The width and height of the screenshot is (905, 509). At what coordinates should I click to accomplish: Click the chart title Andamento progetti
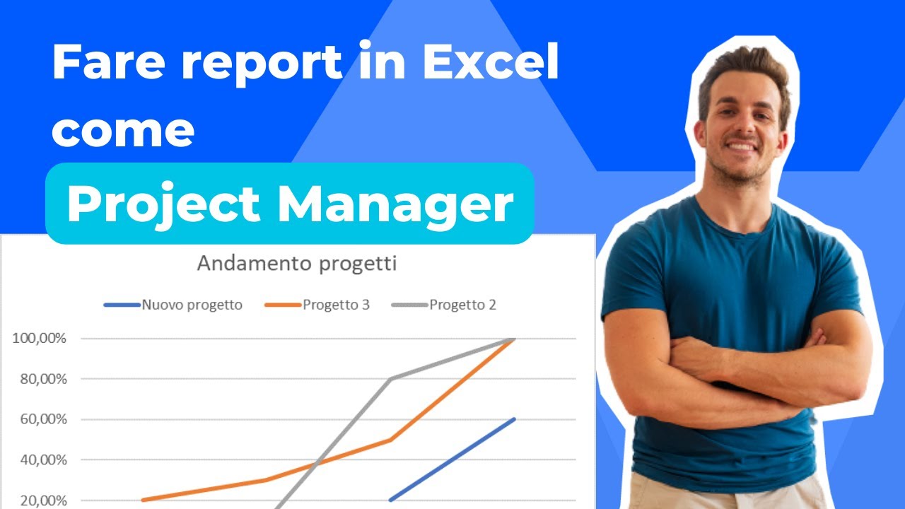point(296,264)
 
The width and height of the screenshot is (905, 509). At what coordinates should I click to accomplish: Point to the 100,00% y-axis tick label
point(39,339)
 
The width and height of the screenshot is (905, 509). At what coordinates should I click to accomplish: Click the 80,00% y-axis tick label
point(42,379)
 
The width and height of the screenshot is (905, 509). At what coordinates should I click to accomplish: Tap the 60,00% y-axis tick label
point(42,419)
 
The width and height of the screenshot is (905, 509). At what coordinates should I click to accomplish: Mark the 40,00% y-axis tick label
point(42,460)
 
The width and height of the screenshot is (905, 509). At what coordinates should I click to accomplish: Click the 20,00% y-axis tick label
point(42,500)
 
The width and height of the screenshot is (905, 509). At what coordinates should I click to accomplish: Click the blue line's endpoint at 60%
point(514,419)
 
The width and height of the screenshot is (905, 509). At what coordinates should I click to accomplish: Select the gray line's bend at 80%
point(390,379)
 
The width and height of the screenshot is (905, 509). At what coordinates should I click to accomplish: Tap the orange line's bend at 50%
point(390,440)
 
